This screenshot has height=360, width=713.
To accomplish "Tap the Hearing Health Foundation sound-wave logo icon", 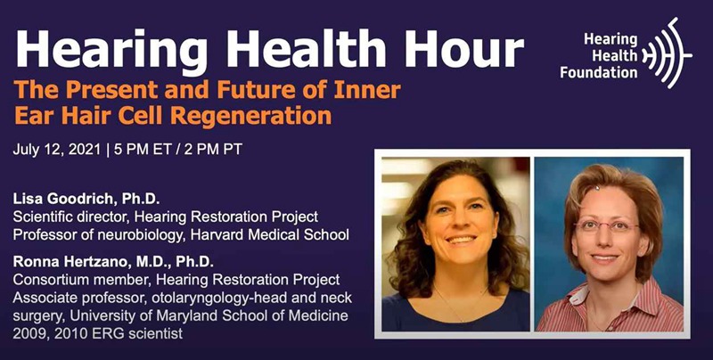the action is [x=667, y=53].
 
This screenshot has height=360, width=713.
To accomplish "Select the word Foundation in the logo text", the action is [x=598, y=71].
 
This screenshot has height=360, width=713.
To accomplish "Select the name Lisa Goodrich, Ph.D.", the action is [x=86, y=199].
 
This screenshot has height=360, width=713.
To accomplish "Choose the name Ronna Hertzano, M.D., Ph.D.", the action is [x=113, y=262].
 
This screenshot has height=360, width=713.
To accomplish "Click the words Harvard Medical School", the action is [x=270, y=234].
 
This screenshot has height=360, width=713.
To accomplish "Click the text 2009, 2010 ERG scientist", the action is [x=97, y=333].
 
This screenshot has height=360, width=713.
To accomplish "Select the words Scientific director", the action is [x=68, y=217].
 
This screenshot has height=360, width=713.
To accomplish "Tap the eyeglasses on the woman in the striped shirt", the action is [x=606, y=225].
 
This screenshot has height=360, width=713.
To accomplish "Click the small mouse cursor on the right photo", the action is [x=597, y=187].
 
